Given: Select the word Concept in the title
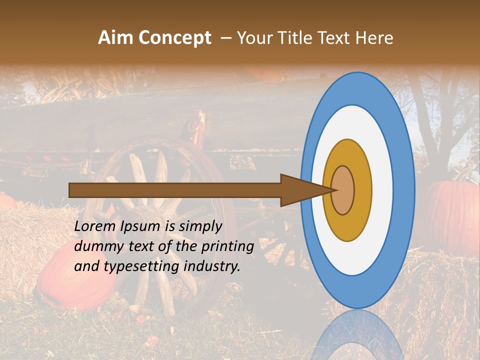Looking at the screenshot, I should coord(175,38).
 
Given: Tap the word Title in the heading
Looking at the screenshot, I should coord(296,38).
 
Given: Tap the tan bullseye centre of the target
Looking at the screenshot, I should coord(343,190).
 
